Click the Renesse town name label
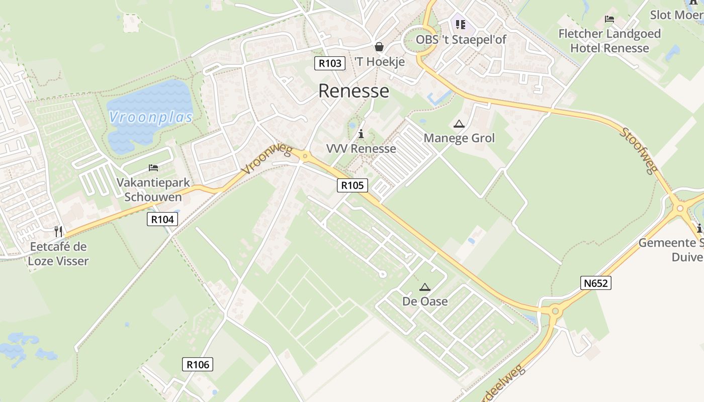354,91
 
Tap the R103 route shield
330,63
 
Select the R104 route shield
162,219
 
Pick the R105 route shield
352,185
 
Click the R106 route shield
197,364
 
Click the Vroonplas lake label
151,118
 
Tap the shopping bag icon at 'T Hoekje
379,47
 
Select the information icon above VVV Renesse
361,134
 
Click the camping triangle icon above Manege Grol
459,124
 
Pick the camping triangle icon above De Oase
425,287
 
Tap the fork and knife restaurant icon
59,232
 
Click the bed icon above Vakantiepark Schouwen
153,167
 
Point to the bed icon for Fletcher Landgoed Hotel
609,19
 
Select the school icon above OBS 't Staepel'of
461,24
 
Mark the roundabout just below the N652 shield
555,311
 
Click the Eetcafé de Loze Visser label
58,254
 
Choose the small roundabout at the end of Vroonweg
305,157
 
